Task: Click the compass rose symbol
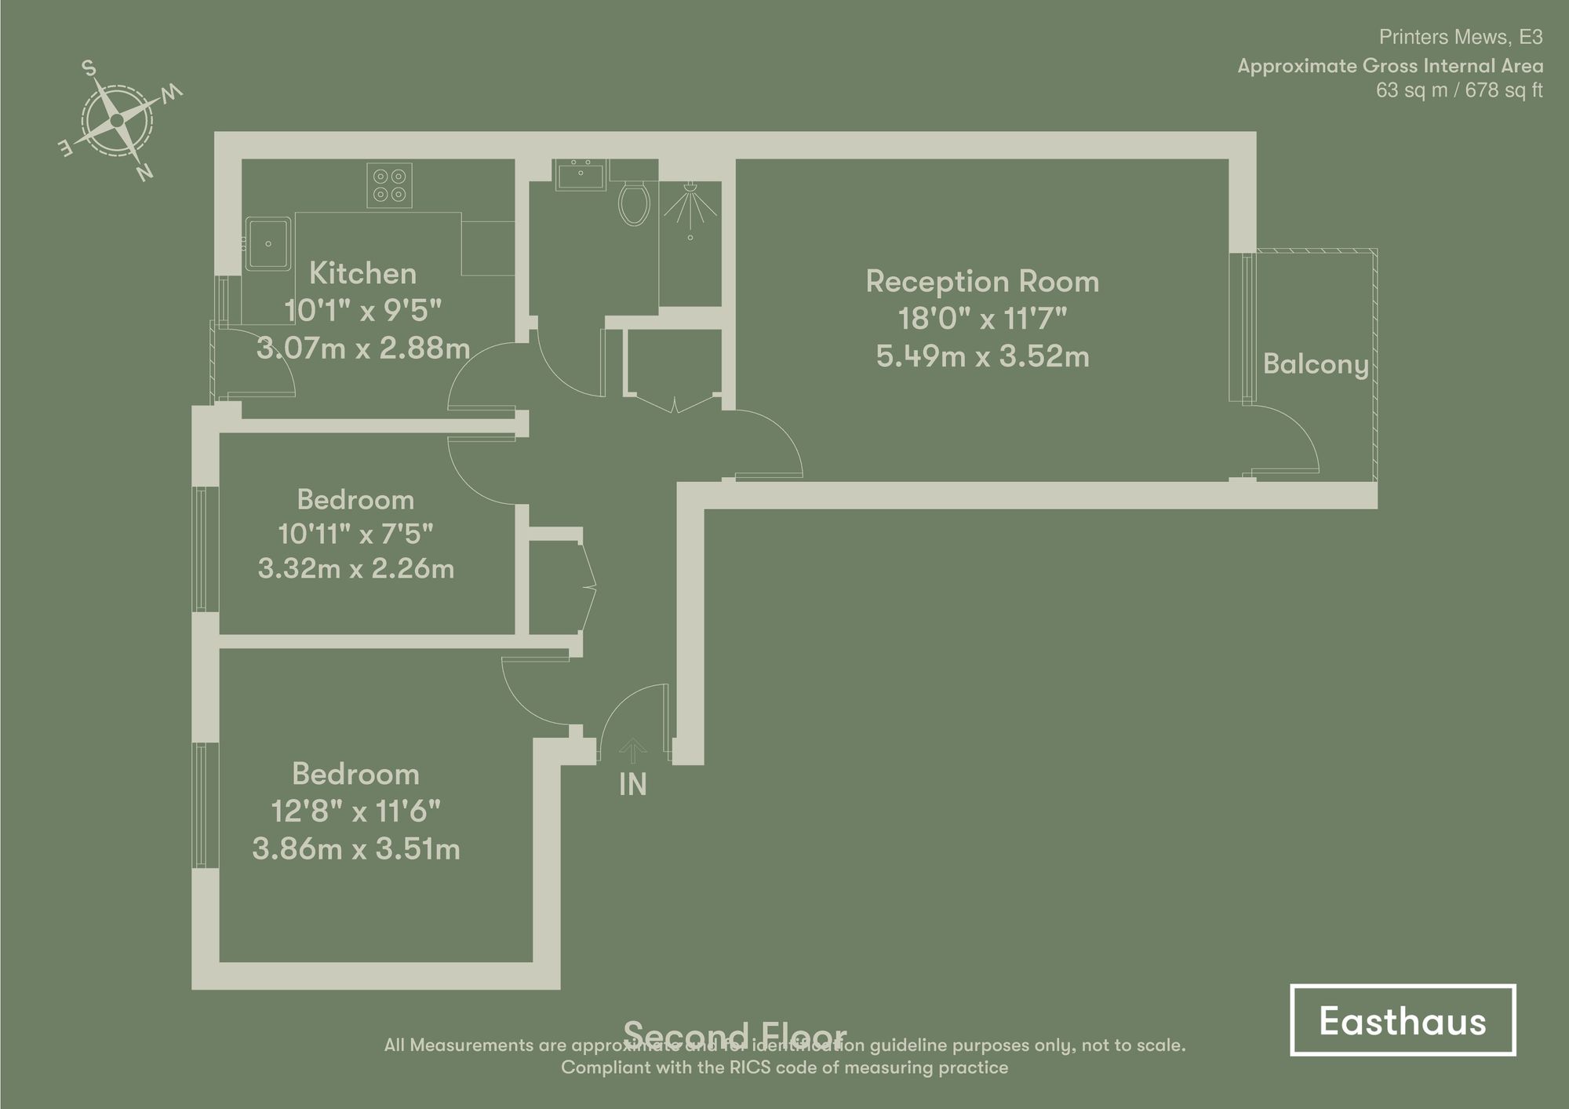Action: [x=117, y=120]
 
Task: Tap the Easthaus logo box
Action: [x=1402, y=1020]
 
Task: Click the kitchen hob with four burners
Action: [x=389, y=185]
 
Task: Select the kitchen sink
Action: [x=267, y=243]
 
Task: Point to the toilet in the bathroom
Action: [x=634, y=202]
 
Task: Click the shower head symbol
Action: [x=690, y=188]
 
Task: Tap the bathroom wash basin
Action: [x=581, y=174]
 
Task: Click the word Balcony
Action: [x=1315, y=364]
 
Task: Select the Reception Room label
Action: [x=982, y=282]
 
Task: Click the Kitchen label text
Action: [x=362, y=274]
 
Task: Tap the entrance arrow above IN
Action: [x=632, y=750]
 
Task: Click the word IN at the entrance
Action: [x=632, y=785]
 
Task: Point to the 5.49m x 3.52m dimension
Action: [x=982, y=357]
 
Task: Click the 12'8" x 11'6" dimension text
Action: [x=355, y=812]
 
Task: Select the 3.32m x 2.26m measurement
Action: [x=355, y=568]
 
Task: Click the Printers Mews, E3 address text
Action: [x=1460, y=37]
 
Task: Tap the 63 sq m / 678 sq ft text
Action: [x=1458, y=91]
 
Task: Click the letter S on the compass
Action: [x=89, y=69]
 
